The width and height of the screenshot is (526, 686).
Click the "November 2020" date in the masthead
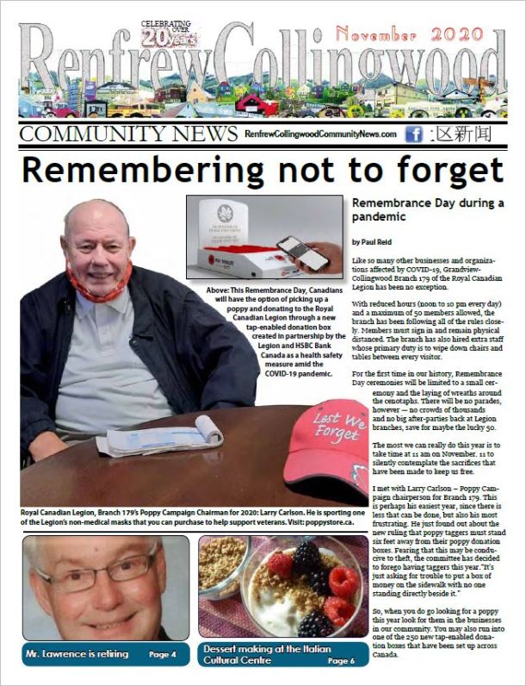pos(421,34)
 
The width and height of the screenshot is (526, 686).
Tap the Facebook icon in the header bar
pos(413,134)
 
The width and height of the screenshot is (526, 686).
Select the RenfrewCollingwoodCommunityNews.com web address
pos(320,134)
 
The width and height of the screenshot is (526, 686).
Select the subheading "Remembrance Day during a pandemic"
pos(427,210)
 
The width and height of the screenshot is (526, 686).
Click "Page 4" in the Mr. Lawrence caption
pos(163,654)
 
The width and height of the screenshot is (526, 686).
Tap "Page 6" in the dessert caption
pos(341,660)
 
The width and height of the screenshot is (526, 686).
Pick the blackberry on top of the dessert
pos(306,553)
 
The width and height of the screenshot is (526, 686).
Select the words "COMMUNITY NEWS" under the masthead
pos(127,134)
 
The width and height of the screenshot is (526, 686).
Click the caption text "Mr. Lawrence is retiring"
pos(77,654)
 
